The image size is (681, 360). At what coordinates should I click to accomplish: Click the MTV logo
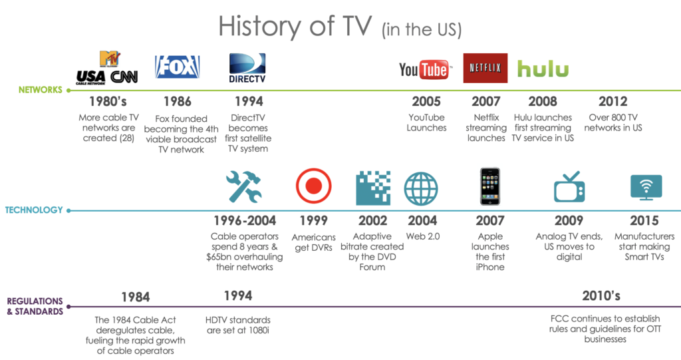pyautogui.click(x=108, y=59)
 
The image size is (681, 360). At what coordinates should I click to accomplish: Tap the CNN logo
pyautogui.click(x=124, y=77)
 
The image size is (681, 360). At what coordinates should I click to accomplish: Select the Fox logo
pyautogui.click(x=177, y=67)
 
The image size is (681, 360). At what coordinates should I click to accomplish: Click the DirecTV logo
pyautogui.click(x=247, y=69)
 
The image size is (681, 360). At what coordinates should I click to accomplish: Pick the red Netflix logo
pyautogui.click(x=485, y=68)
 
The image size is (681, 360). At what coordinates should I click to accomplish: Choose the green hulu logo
pyautogui.click(x=543, y=69)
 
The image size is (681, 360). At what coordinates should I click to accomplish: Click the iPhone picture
pyautogui.click(x=490, y=187)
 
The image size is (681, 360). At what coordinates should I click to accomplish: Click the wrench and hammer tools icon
pyautogui.click(x=243, y=187)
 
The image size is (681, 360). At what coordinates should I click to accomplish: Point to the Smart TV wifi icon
pyautogui.click(x=646, y=187)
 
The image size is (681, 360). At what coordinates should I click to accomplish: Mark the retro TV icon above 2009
pyautogui.click(x=569, y=187)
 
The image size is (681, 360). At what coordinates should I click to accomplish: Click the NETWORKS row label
pyautogui.click(x=40, y=90)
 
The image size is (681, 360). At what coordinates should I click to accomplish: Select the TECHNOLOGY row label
pyautogui.click(x=34, y=210)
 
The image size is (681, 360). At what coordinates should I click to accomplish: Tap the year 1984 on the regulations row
pyautogui.click(x=135, y=297)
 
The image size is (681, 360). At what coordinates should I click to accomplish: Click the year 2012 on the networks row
pyautogui.click(x=613, y=102)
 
